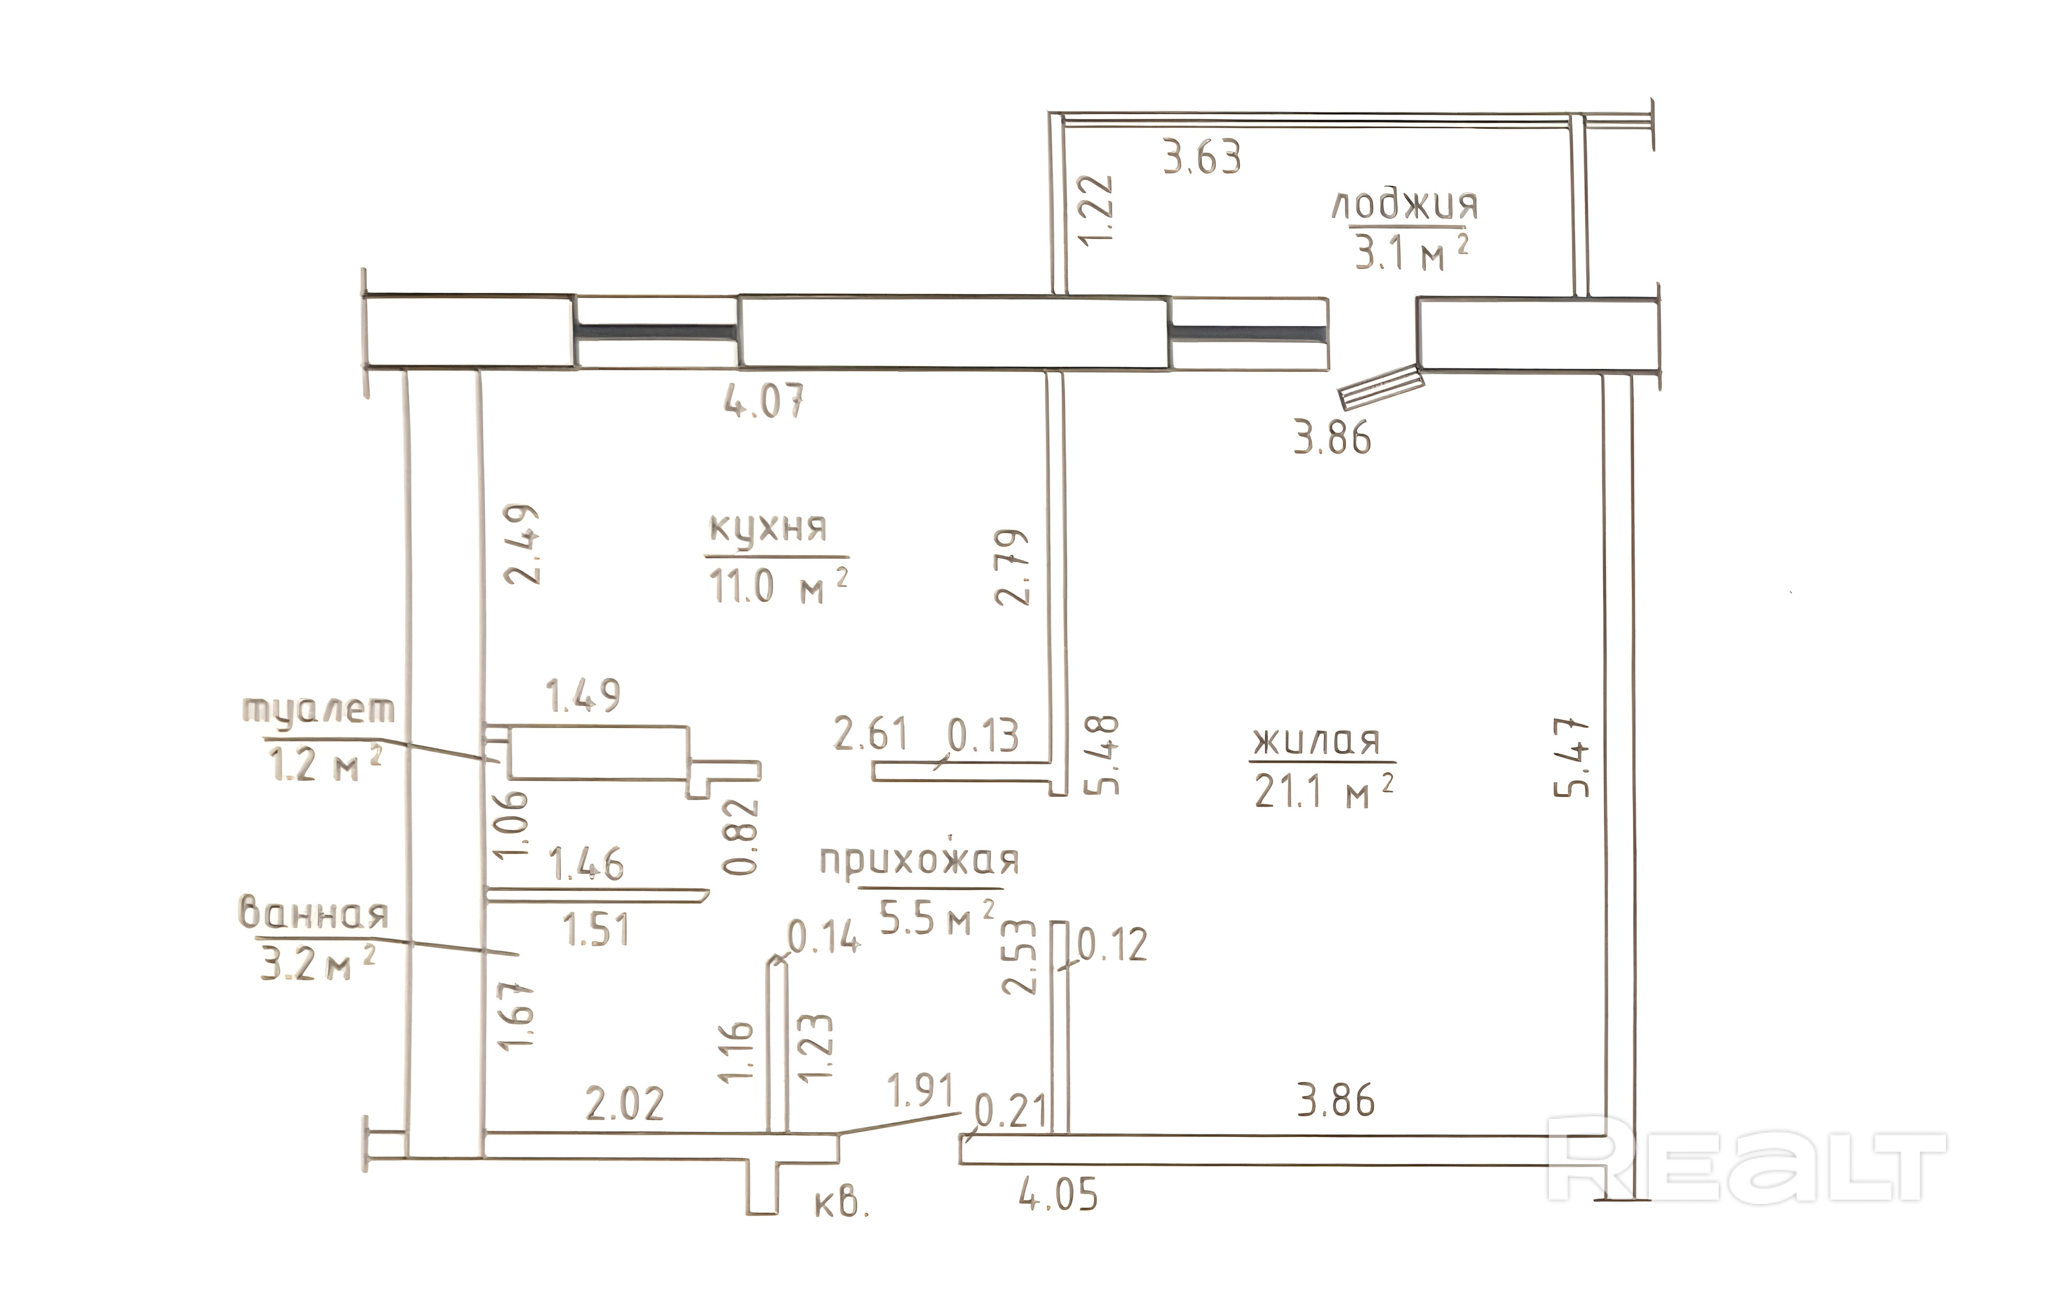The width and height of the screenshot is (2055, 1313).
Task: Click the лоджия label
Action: (x=1404, y=207)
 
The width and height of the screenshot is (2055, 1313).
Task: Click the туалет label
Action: (x=319, y=711)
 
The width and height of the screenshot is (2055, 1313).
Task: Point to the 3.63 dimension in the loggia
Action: (x=1201, y=159)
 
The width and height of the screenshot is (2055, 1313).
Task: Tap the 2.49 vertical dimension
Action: (x=521, y=543)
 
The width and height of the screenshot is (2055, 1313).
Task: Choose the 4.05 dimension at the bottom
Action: (x=1058, y=1193)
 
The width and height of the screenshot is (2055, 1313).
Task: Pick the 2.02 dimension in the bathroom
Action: (x=625, y=1104)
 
